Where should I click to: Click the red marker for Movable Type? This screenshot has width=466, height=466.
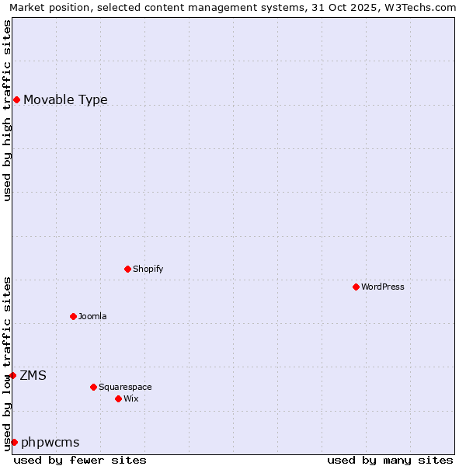click(x=16, y=99)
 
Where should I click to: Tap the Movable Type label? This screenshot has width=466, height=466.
click(x=65, y=99)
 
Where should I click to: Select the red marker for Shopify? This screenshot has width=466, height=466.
click(x=127, y=269)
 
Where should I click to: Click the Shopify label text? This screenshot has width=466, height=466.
click(x=148, y=269)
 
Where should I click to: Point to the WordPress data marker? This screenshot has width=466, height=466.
click(x=356, y=287)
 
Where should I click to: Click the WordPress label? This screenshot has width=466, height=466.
click(x=382, y=287)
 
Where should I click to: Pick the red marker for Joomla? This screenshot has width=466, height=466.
click(x=73, y=316)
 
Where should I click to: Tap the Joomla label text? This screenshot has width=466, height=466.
click(x=92, y=316)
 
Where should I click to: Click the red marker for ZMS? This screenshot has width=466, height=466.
click(x=12, y=375)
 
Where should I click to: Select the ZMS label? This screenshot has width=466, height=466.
click(x=33, y=375)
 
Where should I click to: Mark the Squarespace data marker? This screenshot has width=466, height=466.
click(x=93, y=387)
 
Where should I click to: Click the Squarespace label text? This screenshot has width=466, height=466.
click(x=125, y=387)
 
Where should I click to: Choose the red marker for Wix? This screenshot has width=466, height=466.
click(x=118, y=398)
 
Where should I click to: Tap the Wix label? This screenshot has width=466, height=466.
click(x=130, y=398)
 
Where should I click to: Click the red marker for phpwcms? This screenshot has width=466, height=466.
click(x=14, y=442)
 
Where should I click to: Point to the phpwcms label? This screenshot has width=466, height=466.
click(x=50, y=442)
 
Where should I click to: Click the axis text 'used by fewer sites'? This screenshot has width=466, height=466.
click(x=80, y=460)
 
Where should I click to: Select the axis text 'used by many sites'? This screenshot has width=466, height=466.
click(x=390, y=460)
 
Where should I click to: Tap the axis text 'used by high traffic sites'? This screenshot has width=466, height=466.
click(x=7, y=110)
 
